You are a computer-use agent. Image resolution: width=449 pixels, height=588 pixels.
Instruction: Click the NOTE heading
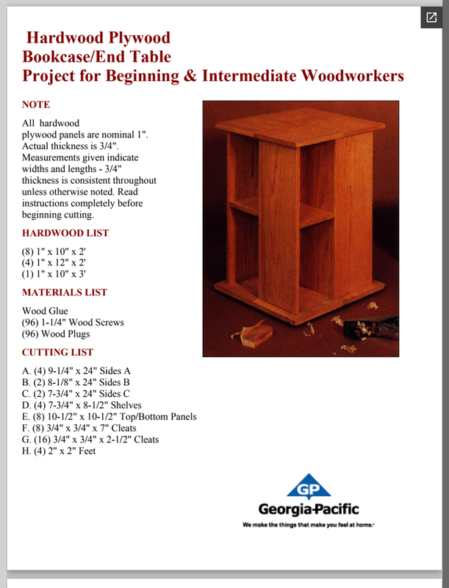(36, 105)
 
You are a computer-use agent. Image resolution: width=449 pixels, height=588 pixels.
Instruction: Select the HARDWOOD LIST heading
(65, 233)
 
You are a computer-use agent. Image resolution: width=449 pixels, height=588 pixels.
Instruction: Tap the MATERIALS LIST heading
(65, 293)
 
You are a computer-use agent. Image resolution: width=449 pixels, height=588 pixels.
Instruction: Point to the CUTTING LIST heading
(57, 352)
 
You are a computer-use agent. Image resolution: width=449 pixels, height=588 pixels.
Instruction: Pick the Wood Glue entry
(45, 311)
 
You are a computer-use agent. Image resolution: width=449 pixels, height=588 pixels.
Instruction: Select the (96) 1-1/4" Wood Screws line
(73, 323)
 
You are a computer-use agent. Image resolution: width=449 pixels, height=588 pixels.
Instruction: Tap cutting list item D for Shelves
(82, 405)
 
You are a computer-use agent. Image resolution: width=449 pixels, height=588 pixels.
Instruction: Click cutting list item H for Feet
(59, 451)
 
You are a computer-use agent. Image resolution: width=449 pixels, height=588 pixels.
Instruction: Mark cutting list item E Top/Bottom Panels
(109, 417)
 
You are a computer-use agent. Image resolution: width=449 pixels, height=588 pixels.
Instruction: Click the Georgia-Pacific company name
(309, 509)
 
